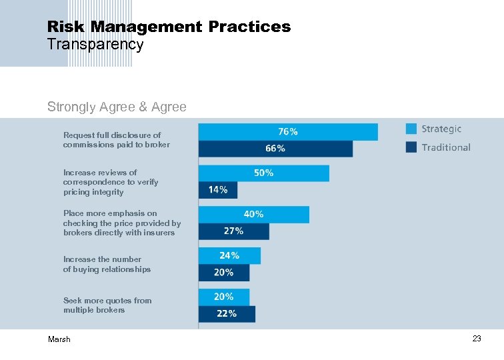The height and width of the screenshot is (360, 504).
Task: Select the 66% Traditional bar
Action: [275, 149]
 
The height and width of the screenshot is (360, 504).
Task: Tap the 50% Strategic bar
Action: [264, 173]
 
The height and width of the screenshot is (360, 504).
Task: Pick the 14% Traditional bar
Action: [218, 190]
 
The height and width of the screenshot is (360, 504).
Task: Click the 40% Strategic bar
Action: [254, 215]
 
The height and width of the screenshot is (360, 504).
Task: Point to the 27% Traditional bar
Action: [234, 231]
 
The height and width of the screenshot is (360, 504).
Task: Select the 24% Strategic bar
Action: [229, 256]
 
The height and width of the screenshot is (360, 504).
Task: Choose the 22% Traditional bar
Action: [227, 314]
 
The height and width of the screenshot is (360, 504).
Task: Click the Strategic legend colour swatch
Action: [411, 129]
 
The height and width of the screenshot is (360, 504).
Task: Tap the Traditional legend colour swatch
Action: [411, 147]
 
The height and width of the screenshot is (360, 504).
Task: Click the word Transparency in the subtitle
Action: [95, 45]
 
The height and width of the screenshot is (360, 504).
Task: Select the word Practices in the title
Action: [249, 27]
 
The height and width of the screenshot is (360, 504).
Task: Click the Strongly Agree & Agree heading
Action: [117, 107]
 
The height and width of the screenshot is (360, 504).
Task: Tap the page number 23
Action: [476, 339]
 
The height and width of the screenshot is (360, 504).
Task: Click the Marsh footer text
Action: [59, 339]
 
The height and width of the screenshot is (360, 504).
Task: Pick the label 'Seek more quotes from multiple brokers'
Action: [107, 305]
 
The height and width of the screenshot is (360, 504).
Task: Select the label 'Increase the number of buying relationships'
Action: [107, 264]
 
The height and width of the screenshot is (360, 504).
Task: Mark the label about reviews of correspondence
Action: [111, 182]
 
